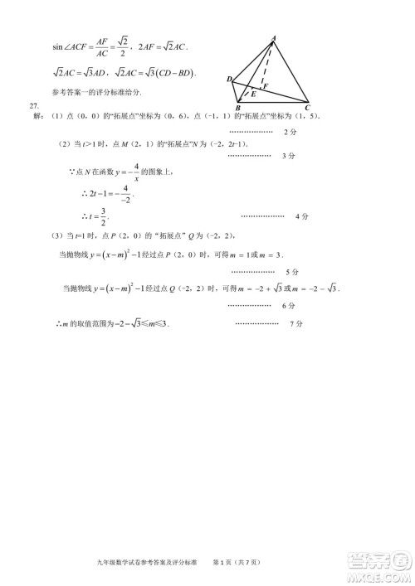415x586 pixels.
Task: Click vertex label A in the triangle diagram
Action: (x=275, y=36)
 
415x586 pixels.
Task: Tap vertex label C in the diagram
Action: (x=307, y=108)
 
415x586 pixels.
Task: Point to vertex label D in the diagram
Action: (x=227, y=79)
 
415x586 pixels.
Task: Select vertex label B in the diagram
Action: (x=237, y=109)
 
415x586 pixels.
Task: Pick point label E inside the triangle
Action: (x=252, y=95)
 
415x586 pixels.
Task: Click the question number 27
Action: (x=34, y=106)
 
